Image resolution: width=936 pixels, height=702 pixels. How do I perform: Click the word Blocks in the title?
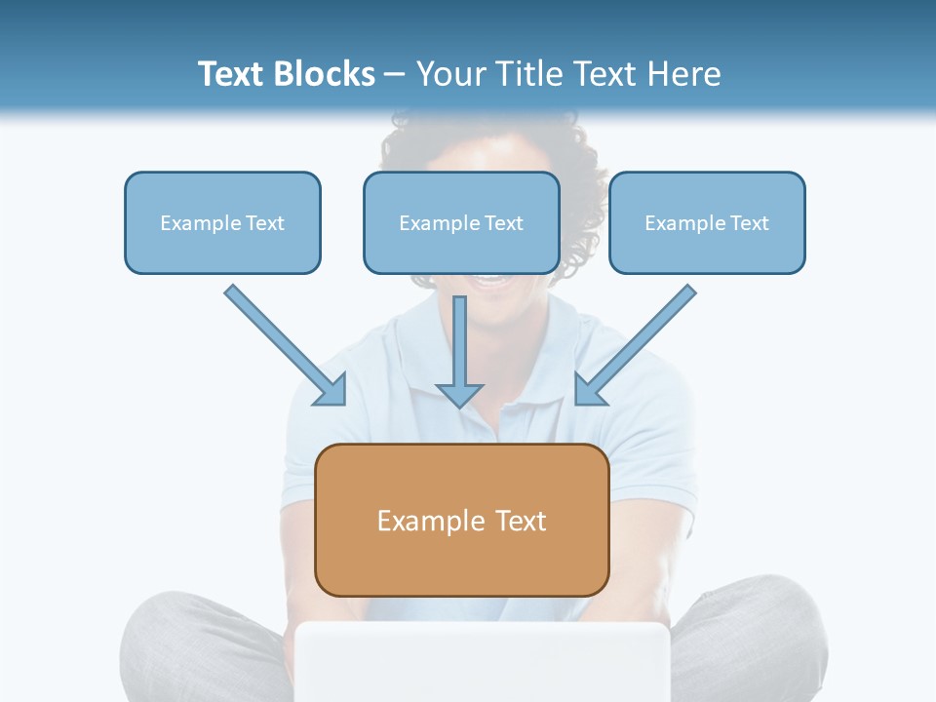[x=326, y=74]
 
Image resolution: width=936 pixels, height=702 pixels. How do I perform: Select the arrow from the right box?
[x=639, y=341]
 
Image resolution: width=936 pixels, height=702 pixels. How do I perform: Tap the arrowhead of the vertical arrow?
[x=459, y=394]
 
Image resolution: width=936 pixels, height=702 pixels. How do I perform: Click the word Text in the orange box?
[x=521, y=521]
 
